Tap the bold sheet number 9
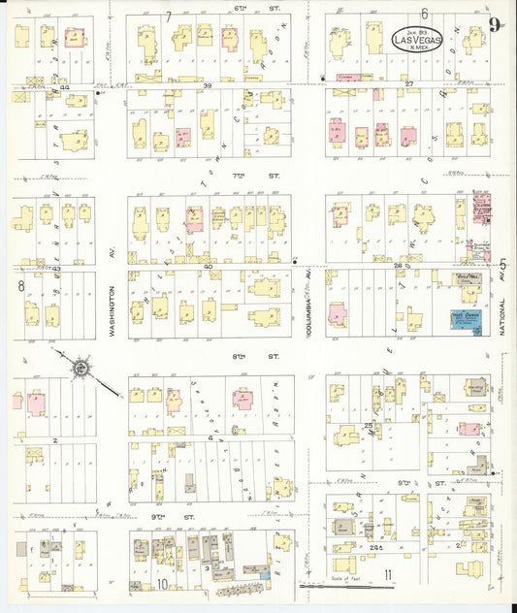click(496, 26)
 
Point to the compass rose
click(77, 367)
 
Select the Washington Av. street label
click(113, 310)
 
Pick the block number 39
click(208, 86)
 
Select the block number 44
click(66, 86)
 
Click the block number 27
click(409, 84)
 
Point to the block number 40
click(208, 265)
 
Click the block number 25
click(369, 425)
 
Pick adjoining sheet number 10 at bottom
click(162, 584)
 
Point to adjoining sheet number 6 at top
click(425, 13)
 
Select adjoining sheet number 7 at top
click(168, 16)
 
